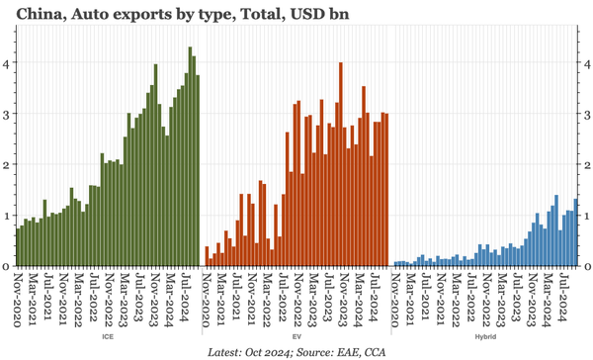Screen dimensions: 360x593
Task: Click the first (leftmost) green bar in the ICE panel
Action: (x=17, y=247)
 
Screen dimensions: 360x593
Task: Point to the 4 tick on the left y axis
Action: (x=6, y=62)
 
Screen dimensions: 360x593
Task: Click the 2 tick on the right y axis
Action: (x=586, y=164)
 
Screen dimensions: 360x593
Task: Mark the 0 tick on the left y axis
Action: (x=6, y=266)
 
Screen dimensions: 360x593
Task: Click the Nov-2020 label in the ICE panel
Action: (x=18, y=295)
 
